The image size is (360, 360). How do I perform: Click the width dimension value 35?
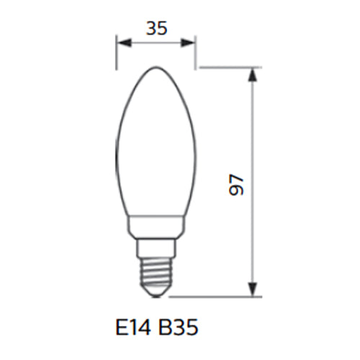pyautogui.click(x=156, y=28)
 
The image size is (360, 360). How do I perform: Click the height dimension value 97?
pyautogui.click(x=236, y=184)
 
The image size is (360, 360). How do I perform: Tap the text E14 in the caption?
pyautogui.click(x=133, y=328)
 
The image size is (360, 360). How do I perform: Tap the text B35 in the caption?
pyautogui.click(x=179, y=328)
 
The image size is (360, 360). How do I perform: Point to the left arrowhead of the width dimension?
pyautogui.click(x=124, y=43)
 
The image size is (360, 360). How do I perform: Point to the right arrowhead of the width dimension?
pyautogui.click(x=188, y=43)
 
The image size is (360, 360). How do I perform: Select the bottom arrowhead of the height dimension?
pyautogui.click(x=252, y=289)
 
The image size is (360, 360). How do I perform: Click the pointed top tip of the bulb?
pyautogui.click(x=156, y=67)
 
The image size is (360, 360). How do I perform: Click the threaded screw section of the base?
pyautogui.click(x=156, y=273)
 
